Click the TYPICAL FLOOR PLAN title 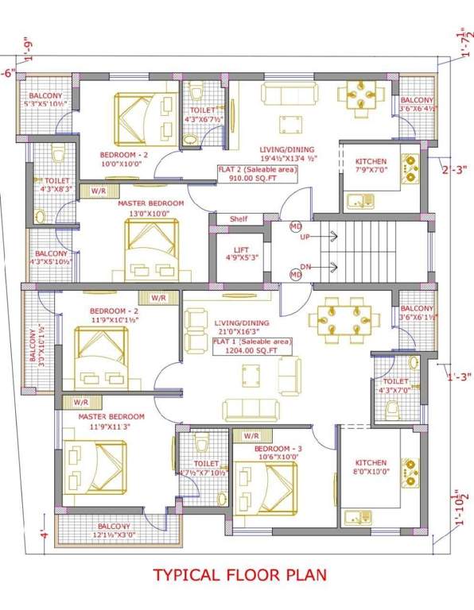[239, 573]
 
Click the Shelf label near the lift [239, 219]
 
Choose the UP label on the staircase [305, 237]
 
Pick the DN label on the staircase [305, 267]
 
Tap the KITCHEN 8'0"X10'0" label [371, 467]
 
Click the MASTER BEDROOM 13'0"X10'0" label [150, 208]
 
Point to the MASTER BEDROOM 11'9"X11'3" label [111, 422]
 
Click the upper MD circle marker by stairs [295, 227]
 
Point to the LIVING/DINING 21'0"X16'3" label [253, 328]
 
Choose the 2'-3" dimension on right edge [457, 168]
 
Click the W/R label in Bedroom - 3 [251, 436]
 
